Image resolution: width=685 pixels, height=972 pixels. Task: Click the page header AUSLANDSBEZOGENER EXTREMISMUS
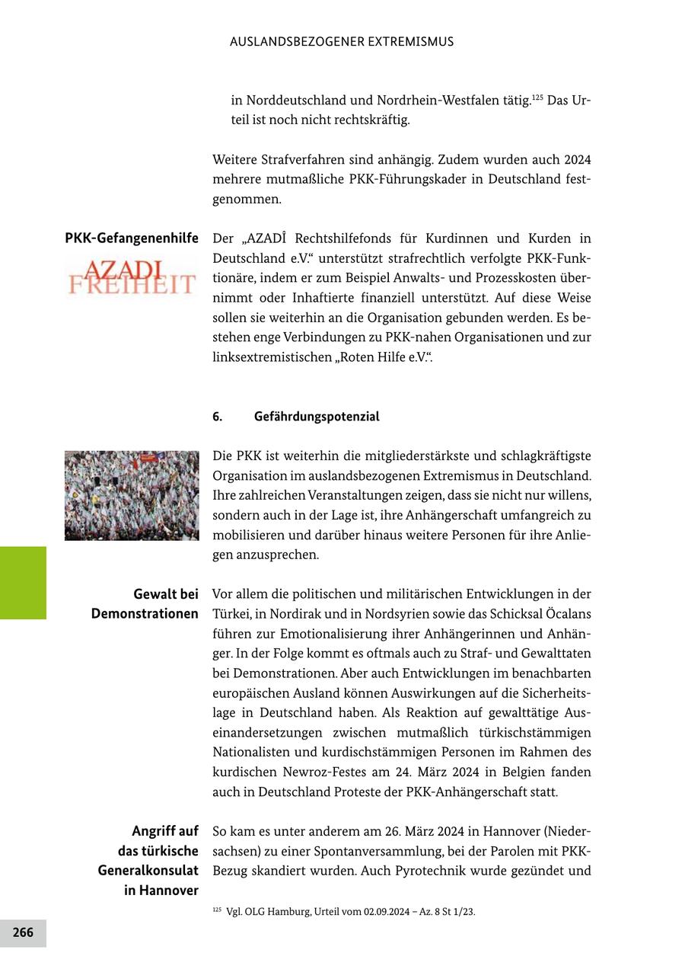341,42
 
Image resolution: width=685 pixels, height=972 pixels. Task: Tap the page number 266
23,932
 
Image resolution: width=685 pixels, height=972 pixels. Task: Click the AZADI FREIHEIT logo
132,277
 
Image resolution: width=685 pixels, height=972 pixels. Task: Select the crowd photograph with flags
132,495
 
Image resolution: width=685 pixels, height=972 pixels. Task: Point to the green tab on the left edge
23,583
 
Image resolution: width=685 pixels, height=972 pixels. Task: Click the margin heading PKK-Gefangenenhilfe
132,238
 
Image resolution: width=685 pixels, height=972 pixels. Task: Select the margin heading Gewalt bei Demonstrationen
145,603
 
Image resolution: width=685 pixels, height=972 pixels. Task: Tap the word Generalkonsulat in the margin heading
148,870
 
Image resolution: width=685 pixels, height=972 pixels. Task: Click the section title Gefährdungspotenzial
317,417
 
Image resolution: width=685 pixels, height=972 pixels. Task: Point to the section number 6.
218,417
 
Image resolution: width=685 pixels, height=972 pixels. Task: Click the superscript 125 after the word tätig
537,96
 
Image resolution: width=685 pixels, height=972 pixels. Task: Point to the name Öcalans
562,614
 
